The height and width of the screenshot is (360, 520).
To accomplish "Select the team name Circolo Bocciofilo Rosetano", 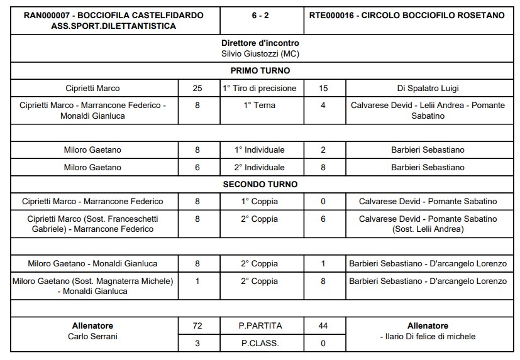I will pos(407,15).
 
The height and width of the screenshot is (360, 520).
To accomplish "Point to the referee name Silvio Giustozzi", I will pos(260,53).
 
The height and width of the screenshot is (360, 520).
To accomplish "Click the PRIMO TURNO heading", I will pos(260,70).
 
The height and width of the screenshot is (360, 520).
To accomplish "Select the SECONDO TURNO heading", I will pos(260,185).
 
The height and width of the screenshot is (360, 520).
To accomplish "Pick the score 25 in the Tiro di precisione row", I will pos(197,89).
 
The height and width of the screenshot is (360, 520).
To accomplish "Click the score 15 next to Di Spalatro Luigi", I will pos(323,89).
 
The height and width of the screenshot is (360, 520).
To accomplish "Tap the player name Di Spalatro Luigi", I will pos(428,89).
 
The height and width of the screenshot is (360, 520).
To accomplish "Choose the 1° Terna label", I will pos(260,106).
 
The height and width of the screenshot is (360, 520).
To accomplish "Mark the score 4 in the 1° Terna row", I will pos(323,106).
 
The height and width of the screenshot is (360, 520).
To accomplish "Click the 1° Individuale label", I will pos(260,150).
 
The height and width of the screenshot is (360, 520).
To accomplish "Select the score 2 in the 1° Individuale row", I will pos(323,150).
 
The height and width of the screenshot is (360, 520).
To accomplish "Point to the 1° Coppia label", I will pos(260,202).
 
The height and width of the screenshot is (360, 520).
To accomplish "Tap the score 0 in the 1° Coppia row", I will pos(323,202).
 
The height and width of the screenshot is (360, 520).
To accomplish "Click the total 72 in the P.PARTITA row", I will pos(197,326).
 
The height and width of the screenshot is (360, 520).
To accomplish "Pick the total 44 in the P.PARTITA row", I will pos(323,326).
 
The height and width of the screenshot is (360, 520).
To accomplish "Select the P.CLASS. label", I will pos(260,344).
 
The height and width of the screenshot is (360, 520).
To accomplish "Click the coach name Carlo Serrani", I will pos(92,336).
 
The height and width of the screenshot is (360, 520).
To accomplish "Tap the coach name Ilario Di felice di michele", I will pos(428,337).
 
